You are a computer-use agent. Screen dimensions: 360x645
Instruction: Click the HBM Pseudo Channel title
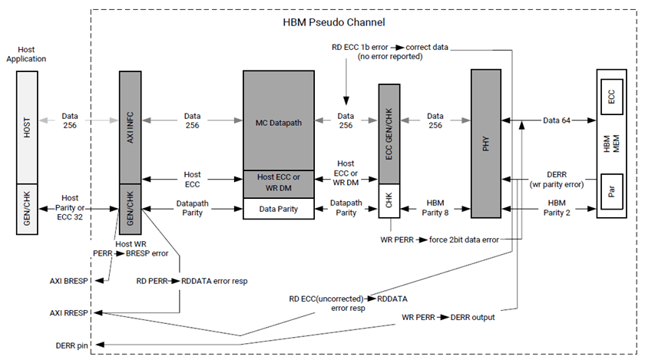[334, 22]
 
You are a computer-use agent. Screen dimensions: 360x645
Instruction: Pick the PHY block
[485, 142]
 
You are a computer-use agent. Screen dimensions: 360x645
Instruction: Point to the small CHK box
[390, 202]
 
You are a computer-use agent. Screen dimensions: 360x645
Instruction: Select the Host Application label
[26, 54]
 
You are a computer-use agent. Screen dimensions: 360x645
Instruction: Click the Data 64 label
[558, 121]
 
